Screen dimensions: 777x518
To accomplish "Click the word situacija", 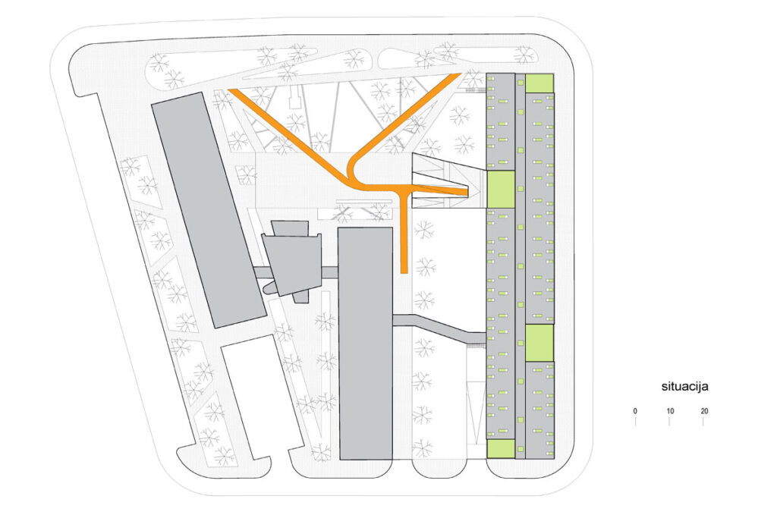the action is pyautogui.click(x=684, y=387).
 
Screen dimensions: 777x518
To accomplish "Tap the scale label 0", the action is pyautogui.click(x=635, y=411).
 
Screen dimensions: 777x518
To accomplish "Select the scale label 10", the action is pyautogui.click(x=669, y=411).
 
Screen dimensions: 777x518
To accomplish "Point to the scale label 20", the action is pyautogui.click(x=704, y=411).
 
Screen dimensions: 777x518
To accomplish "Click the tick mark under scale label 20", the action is pyautogui.click(x=703, y=422).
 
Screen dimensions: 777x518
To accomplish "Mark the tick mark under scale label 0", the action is pyautogui.click(x=635, y=422).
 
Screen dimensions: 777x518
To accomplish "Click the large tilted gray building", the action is pyautogui.click(x=209, y=210).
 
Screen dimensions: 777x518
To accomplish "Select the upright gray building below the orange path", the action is pyautogui.click(x=365, y=344).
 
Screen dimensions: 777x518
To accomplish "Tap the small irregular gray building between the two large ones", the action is pyautogui.click(x=292, y=262).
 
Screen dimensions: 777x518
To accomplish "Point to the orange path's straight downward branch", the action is pyautogui.click(x=404, y=233).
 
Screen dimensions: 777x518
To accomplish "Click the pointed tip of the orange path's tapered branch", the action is pyautogui.click(x=467, y=192).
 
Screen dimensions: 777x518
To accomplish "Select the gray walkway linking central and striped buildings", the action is pyautogui.click(x=439, y=328).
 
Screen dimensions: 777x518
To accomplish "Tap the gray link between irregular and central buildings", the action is pyautogui.click(x=329, y=271).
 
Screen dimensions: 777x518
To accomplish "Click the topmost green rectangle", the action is pyautogui.click(x=539, y=83).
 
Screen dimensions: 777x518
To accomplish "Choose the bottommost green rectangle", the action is pyautogui.click(x=501, y=449).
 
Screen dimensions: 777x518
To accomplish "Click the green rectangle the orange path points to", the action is pyautogui.click(x=501, y=189).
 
